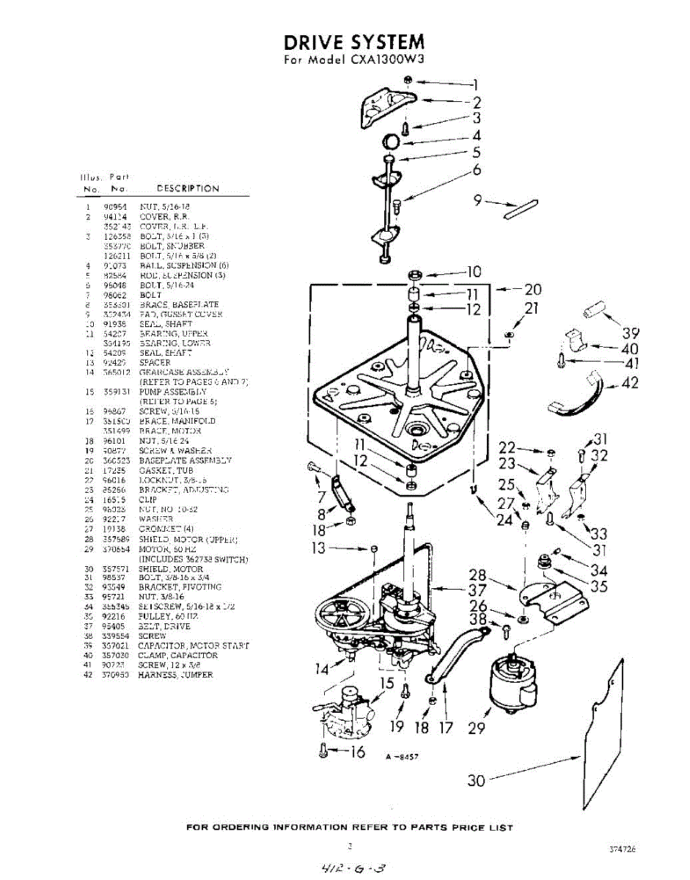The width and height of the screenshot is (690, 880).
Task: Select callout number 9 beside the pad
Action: [477, 199]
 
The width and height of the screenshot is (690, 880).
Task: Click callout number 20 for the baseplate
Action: [532, 290]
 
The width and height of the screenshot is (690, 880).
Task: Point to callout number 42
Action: [629, 383]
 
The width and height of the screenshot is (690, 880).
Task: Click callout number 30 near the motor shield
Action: [477, 781]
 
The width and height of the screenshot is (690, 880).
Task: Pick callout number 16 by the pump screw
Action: [356, 752]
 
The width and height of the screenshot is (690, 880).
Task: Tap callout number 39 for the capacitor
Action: [630, 331]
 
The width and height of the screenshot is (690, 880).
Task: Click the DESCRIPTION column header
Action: [188, 188]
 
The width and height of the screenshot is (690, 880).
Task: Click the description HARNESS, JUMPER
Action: [175, 675]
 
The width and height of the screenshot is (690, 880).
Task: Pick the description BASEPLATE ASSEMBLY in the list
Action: [185, 461]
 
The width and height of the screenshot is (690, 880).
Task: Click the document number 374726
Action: [622, 848]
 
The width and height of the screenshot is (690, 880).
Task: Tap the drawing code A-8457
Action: [402, 757]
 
